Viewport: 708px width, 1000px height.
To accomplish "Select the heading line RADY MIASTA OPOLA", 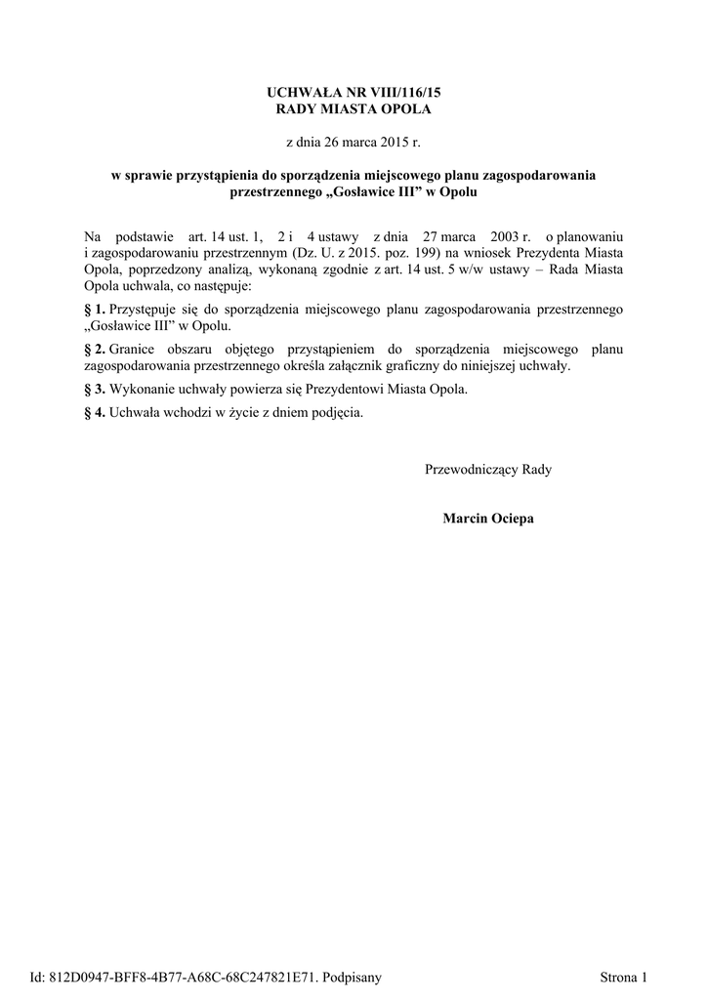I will pos(354,108).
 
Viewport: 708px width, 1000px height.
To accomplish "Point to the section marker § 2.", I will pos(96,349).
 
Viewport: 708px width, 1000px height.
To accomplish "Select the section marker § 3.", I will pos(96,389).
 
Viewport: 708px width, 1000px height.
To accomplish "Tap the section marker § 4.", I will pos(96,412).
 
